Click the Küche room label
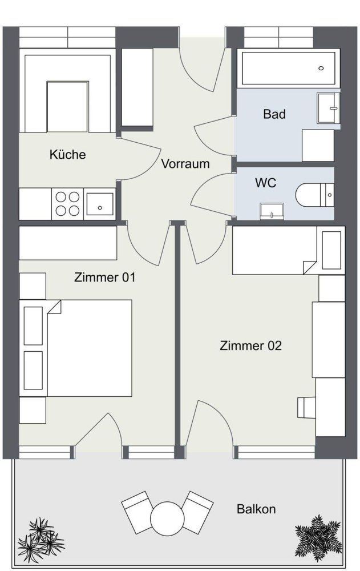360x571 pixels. click(67, 154)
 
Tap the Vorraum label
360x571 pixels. click(185, 164)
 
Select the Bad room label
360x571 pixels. click(274, 114)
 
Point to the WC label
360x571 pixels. click(266, 183)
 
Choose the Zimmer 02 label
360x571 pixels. click(251, 345)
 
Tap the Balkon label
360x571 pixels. click(256, 509)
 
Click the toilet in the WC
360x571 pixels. click(314, 195)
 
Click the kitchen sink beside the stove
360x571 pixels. click(100, 203)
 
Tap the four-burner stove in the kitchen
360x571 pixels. click(67, 203)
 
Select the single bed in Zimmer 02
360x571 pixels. click(288, 250)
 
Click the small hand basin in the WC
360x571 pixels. click(272, 212)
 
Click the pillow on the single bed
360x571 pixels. click(330, 250)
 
